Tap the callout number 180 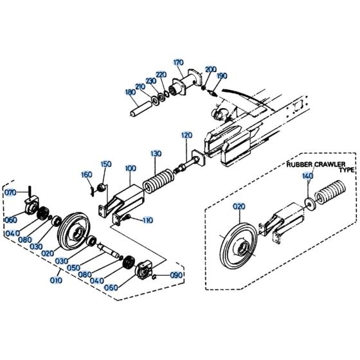pos(131,92)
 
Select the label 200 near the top pos(211,69)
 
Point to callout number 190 pos(221,76)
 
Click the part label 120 pos(186,136)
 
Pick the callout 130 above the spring pos(156,154)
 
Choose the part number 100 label pos(130,168)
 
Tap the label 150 pos(106,164)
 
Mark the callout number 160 pos(86,175)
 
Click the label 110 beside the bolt pos(147,220)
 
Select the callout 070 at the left pos(10,192)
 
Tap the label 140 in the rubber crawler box pos(307,176)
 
